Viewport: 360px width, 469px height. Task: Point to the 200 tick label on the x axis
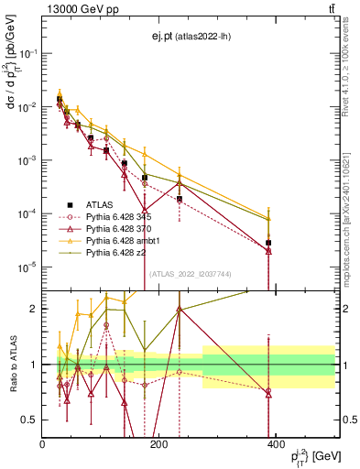click(158, 444)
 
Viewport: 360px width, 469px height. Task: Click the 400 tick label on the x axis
click(275, 444)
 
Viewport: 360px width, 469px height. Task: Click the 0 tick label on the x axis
click(42, 444)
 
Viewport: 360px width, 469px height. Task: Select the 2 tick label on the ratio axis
click(32, 309)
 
